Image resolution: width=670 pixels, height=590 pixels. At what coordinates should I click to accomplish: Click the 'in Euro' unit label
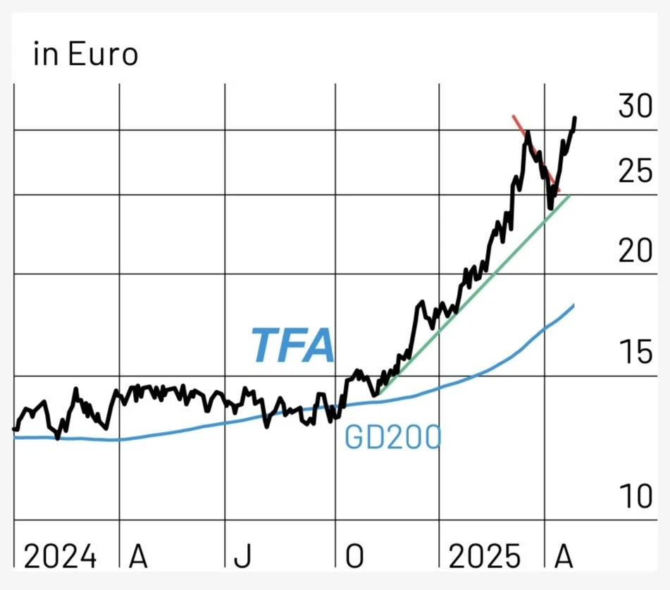point(85,55)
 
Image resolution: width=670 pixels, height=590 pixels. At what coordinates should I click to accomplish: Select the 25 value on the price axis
point(635,171)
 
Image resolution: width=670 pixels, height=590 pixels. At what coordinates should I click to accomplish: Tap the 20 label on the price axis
point(635,250)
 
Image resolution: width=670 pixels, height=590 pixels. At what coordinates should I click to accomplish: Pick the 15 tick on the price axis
point(635,352)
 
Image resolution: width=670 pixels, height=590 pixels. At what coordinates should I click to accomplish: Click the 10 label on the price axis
point(635,497)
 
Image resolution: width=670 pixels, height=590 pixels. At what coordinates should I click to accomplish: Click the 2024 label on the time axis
point(61,557)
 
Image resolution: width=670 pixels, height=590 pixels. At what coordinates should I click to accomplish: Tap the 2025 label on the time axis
point(485,557)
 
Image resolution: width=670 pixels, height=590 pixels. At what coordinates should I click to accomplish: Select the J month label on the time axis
point(242,557)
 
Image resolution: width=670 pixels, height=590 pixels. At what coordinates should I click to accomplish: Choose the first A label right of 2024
point(138,557)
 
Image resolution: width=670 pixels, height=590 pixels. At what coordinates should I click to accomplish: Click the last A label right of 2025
point(563,557)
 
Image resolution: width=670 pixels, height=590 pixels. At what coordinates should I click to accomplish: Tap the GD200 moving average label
point(392,438)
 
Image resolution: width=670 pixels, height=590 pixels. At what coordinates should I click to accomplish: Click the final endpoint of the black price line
point(575,118)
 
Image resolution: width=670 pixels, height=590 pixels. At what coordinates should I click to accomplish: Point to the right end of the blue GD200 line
point(573,305)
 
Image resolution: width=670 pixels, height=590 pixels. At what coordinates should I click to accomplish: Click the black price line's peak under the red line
point(527,132)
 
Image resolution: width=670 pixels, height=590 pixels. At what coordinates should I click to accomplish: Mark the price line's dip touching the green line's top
point(550,207)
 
